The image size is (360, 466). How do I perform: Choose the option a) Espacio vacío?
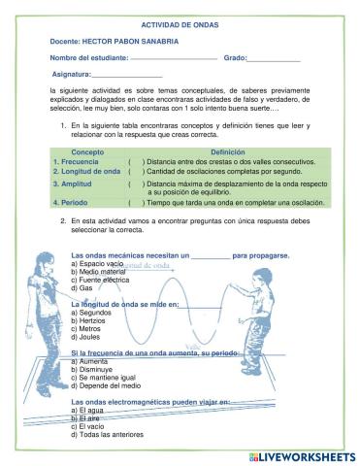[x=102, y=264]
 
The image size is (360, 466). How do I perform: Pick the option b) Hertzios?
[x=94, y=321]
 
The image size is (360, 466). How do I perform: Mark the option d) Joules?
[x=91, y=337]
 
